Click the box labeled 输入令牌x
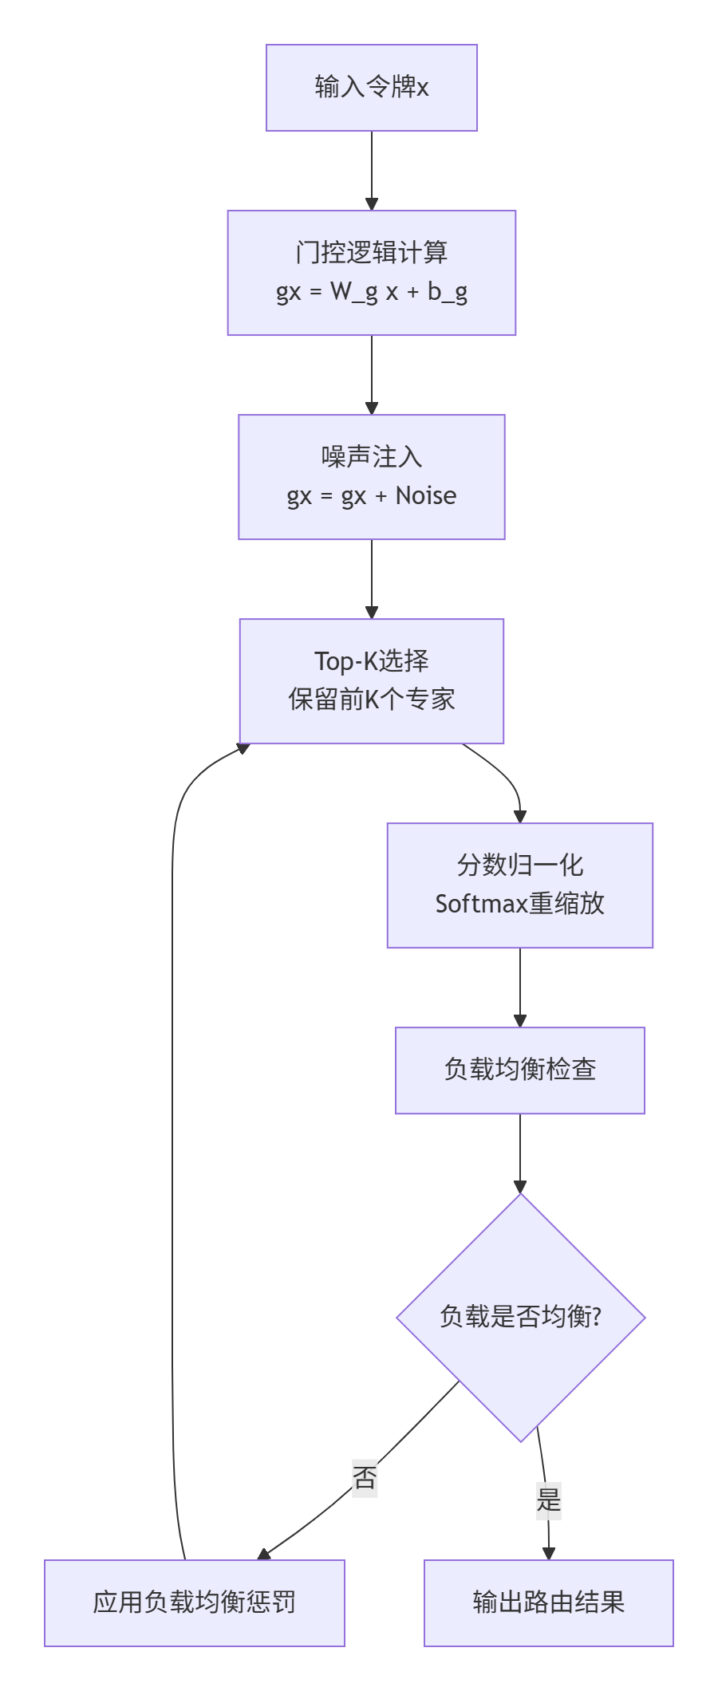pyautogui.click(x=371, y=87)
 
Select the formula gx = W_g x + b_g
pyautogui.click(x=371, y=292)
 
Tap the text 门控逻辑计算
pyautogui.click(x=371, y=253)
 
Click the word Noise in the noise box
pyautogui.click(x=426, y=496)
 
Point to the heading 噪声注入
pyautogui.click(x=371, y=457)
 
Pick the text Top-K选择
pyautogui.click(x=371, y=661)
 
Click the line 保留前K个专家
pyautogui.click(x=371, y=700)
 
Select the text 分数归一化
pyautogui.click(x=519, y=865)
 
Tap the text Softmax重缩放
pyautogui.click(x=519, y=905)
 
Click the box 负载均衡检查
pyautogui.click(x=519, y=1070)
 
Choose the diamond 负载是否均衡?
pyautogui.click(x=520, y=1317)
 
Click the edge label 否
pyautogui.click(x=365, y=1478)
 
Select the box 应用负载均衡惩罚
pyautogui.click(x=194, y=1602)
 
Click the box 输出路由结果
pyautogui.click(x=548, y=1602)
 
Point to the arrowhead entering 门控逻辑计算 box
pyautogui.click(x=371, y=204)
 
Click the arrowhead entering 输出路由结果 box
pyautogui.click(x=548, y=1553)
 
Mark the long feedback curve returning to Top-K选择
pyautogui.click(x=172, y=1117)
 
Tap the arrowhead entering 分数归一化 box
pyautogui.click(x=520, y=817)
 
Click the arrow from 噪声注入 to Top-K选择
pyautogui.click(x=371, y=578)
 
